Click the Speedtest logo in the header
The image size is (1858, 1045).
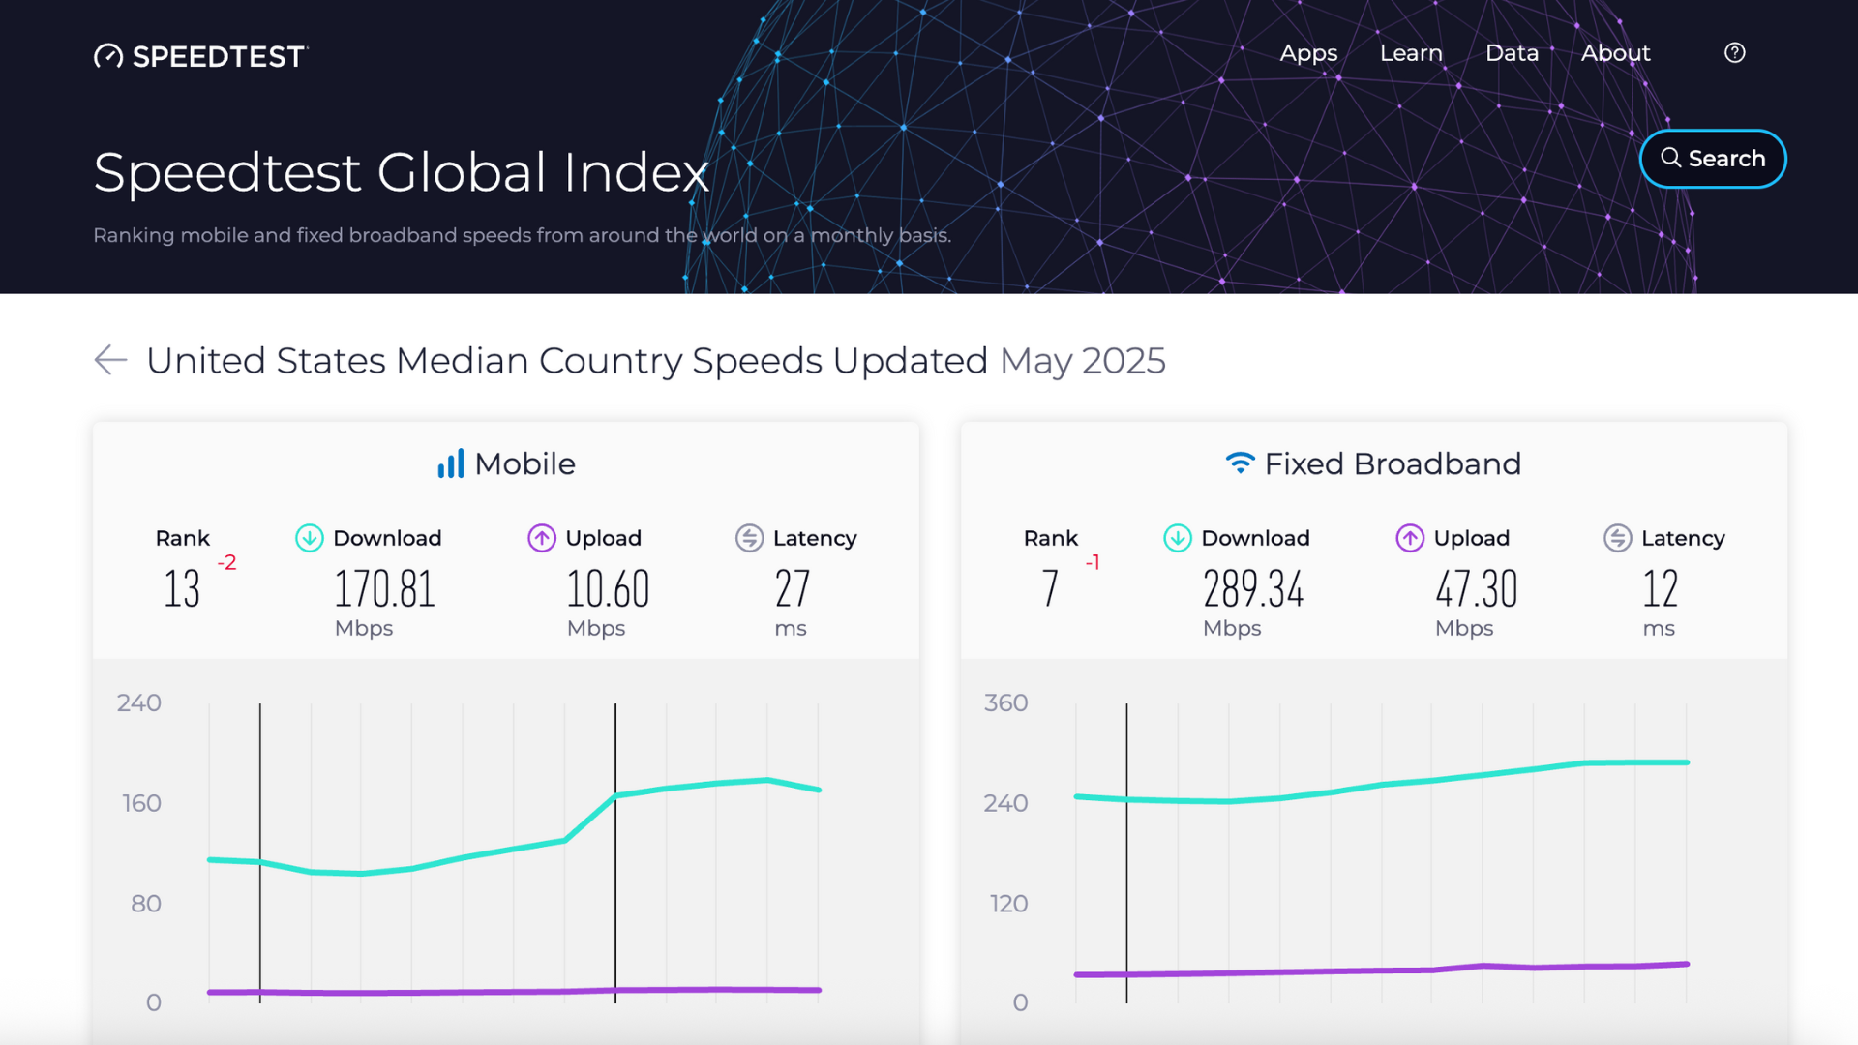click(x=201, y=56)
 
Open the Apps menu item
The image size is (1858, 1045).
click(x=1308, y=53)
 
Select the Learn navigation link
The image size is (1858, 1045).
click(x=1411, y=53)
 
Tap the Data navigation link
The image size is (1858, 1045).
click(x=1512, y=53)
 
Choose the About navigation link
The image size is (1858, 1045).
click(x=1615, y=53)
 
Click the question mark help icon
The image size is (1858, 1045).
click(x=1734, y=53)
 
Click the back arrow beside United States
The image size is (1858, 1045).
click(x=111, y=360)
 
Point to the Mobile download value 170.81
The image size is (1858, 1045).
click(x=385, y=589)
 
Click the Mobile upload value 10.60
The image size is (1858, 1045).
click(x=608, y=589)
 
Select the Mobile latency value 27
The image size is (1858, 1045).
click(x=792, y=589)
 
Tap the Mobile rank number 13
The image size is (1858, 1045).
click(x=182, y=589)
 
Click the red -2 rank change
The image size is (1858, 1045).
click(x=226, y=562)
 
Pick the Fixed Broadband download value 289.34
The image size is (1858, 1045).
click(x=1253, y=589)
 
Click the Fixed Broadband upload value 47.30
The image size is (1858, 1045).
click(x=1476, y=589)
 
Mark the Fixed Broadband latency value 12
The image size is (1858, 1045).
click(x=1660, y=589)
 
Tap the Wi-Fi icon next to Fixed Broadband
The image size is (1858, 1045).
click(x=1240, y=463)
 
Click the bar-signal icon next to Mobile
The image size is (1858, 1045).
click(x=451, y=463)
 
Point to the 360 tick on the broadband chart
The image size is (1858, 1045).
click(x=1005, y=703)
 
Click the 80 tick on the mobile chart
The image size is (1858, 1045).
click(x=146, y=904)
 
